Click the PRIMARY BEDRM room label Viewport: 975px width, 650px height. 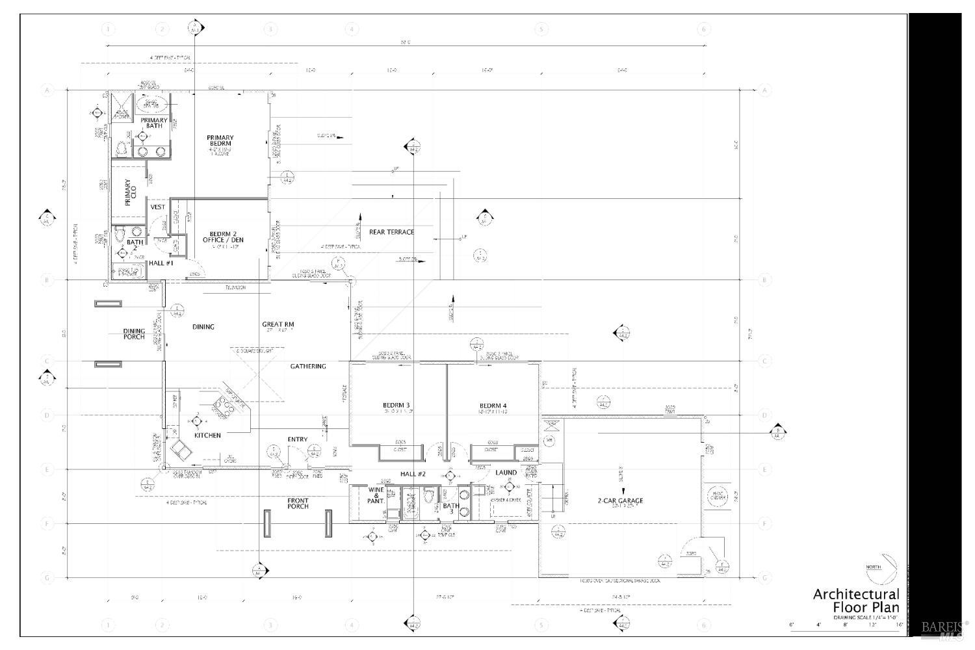pyautogui.click(x=220, y=141)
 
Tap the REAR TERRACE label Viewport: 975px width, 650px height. pyautogui.click(x=391, y=232)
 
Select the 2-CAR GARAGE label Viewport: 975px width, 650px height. pyautogui.click(x=621, y=500)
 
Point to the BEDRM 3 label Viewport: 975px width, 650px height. pyautogui.click(x=396, y=406)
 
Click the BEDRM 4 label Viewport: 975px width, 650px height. pyautogui.click(x=492, y=406)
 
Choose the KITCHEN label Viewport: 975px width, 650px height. pyautogui.click(x=207, y=435)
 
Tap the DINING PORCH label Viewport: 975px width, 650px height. pyautogui.click(x=135, y=334)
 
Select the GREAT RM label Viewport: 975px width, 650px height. pyautogui.click(x=278, y=324)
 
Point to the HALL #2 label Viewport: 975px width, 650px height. pyautogui.click(x=412, y=474)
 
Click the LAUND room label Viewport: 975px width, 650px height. pyautogui.click(x=506, y=473)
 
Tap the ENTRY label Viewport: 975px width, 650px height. pyautogui.click(x=297, y=439)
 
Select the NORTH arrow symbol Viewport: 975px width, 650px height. pyautogui.click(x=883, y=567)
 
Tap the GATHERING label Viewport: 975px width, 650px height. pyautogui.click(x=308, y=367)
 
